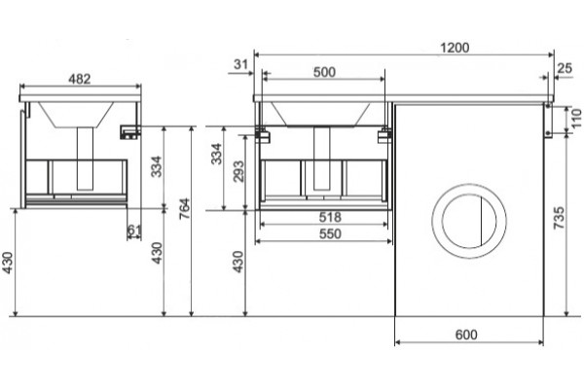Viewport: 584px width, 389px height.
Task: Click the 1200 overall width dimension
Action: coord(455,48)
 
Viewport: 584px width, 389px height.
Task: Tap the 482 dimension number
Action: coord(80,79)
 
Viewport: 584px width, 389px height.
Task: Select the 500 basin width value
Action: coord(324,72)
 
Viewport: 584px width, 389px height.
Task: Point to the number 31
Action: coord(240,64)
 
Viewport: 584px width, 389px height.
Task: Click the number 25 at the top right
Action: coord(565,68)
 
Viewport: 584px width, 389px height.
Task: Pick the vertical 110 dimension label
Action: coord(576,118)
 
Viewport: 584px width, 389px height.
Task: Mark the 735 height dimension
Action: coord(560,218)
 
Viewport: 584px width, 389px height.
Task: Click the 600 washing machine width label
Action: coord(466,335)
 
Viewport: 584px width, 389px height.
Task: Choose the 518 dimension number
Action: coord(330,217)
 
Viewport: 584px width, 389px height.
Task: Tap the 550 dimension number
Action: coord(330,233)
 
